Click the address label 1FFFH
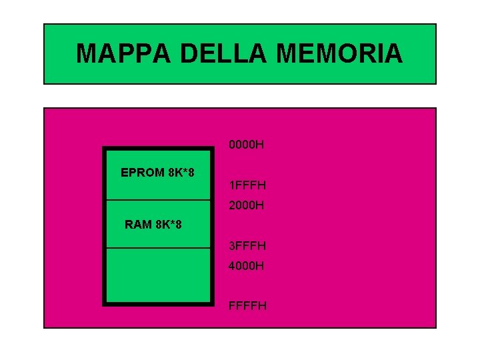tap(247, 185)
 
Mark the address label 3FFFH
tap(247, 246)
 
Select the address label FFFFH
tap(247, 306)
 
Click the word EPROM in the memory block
tap(142, 173)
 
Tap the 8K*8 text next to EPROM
tap(181, 173)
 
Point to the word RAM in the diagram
tap(138, 225)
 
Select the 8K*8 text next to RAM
tap(168, 225)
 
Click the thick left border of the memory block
tap(105, 227)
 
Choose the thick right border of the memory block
tap(212, 227)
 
